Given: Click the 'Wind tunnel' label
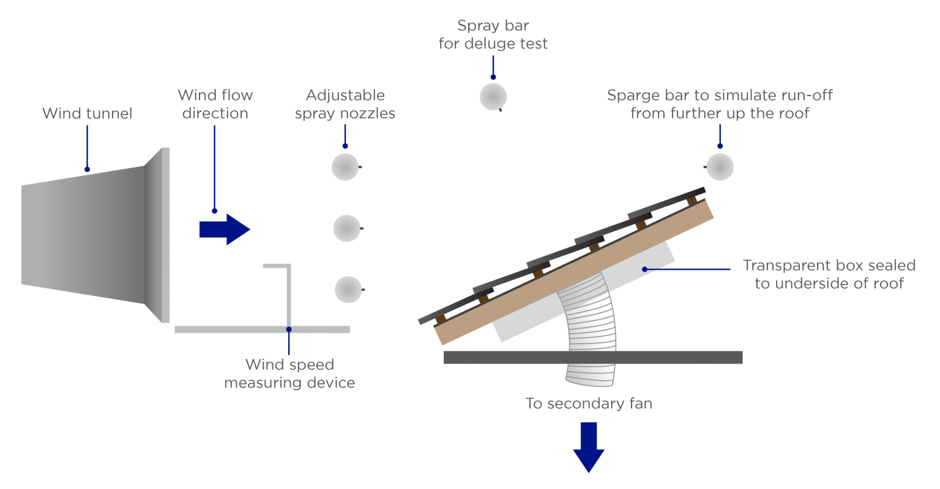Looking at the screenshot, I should point(87,113).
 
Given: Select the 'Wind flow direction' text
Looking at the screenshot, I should point(215,104).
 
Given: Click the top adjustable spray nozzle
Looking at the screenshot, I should point(345,166).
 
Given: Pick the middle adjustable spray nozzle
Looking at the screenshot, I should point(346,228).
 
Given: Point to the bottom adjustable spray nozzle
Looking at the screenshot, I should point(348,289).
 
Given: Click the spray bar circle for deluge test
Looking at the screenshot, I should point(493,97).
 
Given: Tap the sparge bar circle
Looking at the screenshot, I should point(720,166).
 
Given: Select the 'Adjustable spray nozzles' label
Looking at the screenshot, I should point(345,105).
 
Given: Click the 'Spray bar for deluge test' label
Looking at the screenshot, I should point(493,35).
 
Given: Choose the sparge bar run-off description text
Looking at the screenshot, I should point(720,104).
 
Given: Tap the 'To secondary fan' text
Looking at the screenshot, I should point(589,404).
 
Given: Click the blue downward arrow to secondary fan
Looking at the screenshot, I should point(589,447).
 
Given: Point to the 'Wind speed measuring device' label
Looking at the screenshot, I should point(289,373).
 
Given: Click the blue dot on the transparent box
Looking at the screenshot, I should point(644,269).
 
